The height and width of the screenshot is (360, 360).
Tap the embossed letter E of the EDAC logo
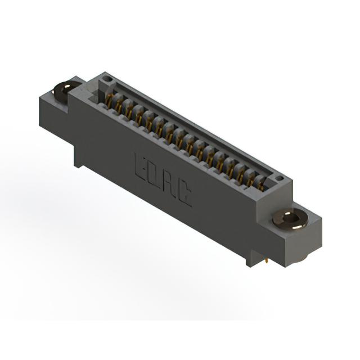click(141, 168)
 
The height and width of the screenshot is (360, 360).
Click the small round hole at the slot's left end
click(106, 80)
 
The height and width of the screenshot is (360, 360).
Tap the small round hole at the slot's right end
click(280, 178)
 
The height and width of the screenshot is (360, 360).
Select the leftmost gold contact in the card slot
click(110, 101)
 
